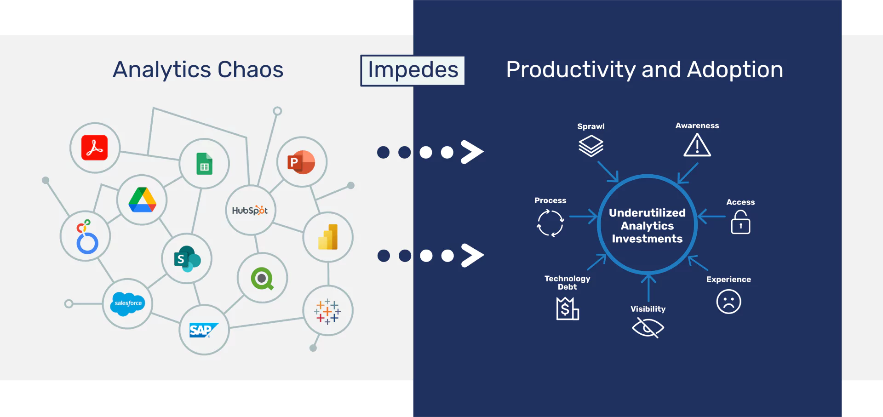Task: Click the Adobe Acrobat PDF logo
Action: click(95, 148)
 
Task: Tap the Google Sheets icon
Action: click(204, 164)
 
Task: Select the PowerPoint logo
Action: click(301, 162)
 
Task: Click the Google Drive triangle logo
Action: click(142, 200)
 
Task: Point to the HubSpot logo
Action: click(250, 211)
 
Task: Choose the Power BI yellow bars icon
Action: click(328, 237)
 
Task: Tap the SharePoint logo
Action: click(187, 259)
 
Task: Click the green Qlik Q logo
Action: click(262, 278)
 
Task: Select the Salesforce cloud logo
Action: click(127, 303)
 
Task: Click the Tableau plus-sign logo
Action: click(327, 311)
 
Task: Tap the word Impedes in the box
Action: click(413, 70)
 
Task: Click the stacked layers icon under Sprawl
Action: click(591, 146)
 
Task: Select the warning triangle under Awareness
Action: click(697, 145)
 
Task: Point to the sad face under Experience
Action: click(728, 302)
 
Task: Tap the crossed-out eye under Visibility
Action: click(648, 328)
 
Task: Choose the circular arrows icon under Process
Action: click(550, 223)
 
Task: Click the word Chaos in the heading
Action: click(250, 70)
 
